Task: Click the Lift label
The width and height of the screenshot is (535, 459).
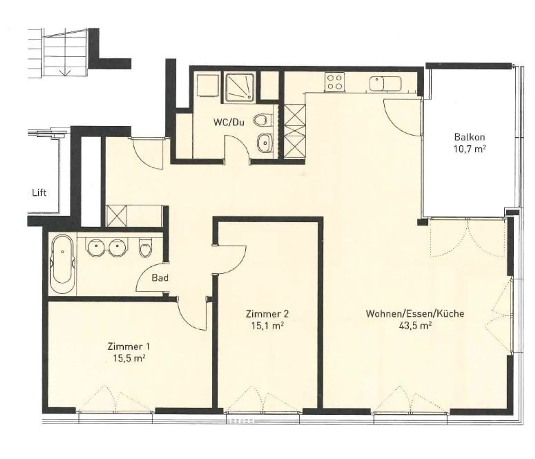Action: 39,193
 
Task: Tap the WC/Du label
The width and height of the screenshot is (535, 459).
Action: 229,122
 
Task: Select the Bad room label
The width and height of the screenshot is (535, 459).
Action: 160,278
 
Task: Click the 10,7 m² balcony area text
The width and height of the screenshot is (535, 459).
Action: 470,149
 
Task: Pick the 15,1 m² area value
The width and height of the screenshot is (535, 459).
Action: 267,325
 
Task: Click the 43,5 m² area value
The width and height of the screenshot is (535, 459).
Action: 415,325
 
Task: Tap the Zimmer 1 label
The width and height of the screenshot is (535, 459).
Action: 129,346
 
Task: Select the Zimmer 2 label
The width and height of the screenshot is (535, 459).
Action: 267,314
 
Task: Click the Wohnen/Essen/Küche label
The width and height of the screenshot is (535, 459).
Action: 415,314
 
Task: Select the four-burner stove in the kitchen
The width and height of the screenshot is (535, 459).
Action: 335,82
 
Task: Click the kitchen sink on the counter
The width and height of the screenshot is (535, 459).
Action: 385,83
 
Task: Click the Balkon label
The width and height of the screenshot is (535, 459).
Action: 470,137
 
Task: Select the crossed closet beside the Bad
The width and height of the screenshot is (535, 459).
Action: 116,216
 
